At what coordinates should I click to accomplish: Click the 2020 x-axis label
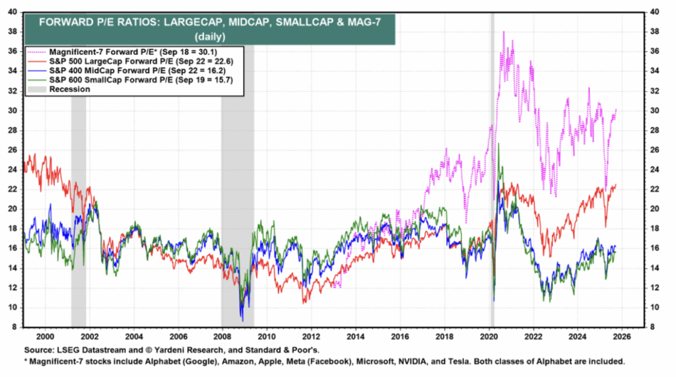489,335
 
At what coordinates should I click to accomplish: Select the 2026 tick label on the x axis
622,335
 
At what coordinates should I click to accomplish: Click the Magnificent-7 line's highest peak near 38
504,32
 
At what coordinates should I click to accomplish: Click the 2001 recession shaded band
79,198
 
